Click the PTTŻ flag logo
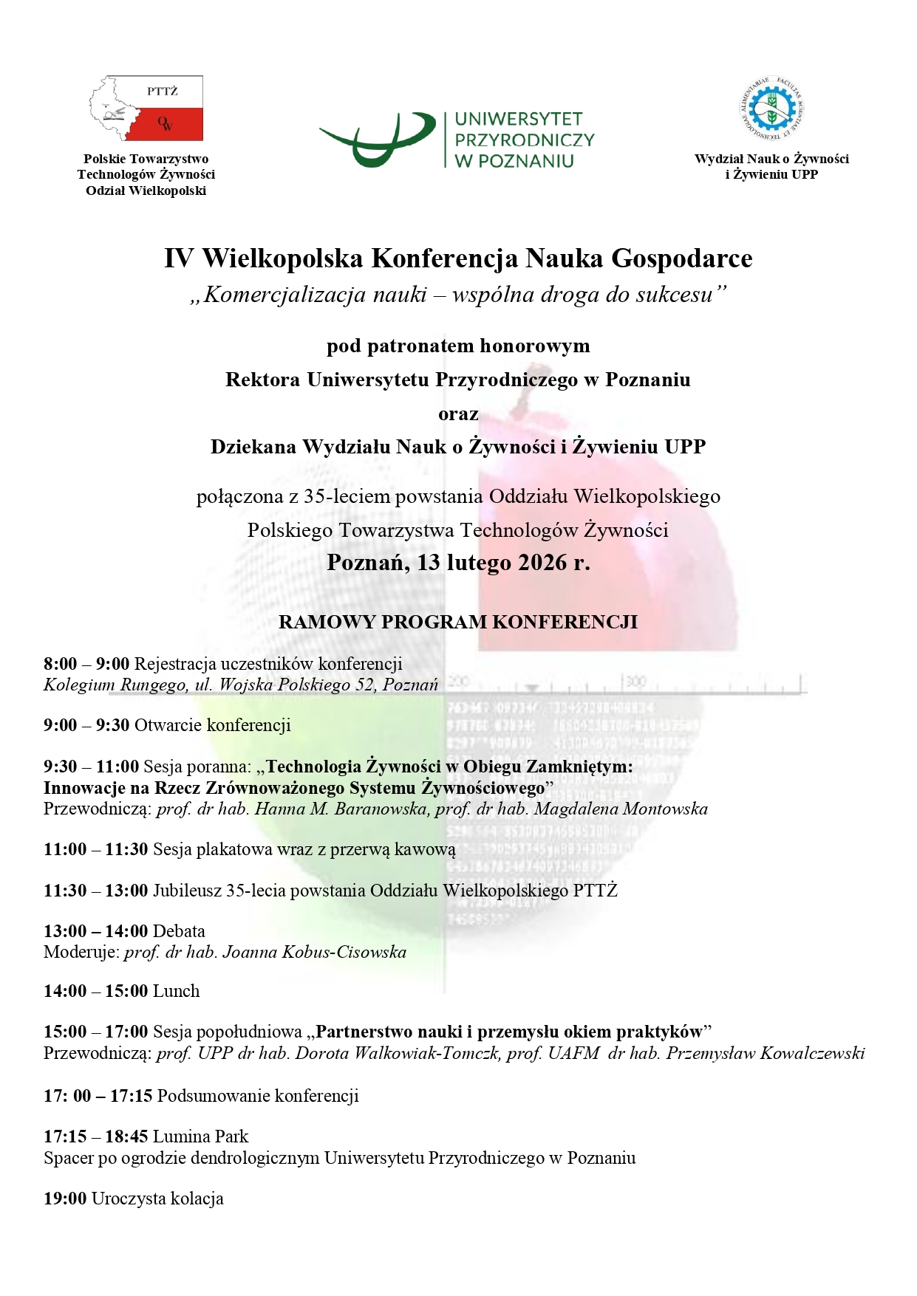click(x=146, y=108)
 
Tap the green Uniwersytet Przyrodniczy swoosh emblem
click(x=377, y=139)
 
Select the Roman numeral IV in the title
click(x=178, y=258)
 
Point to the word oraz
click(x=458, y=414)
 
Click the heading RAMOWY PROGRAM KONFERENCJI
click(x=458, y=622)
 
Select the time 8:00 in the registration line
click(x=60, y=664)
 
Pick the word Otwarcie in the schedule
click(x=168, y=725)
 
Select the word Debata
click(x=179, y=931)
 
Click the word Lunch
click(x=176, y=991)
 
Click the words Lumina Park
click(x=200, y=1136)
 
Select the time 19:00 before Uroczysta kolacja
click(x=65, y=1199)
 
